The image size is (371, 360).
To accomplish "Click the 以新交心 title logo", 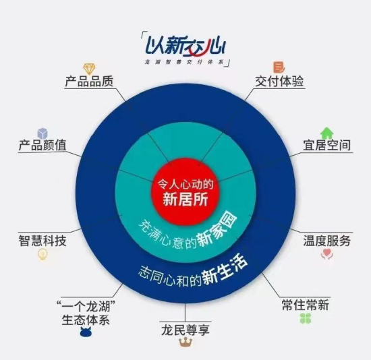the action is point(185,46).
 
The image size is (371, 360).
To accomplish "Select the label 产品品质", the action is point(89,81).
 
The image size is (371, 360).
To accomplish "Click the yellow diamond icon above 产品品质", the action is point(89,69).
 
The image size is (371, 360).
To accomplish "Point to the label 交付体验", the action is point(279,82).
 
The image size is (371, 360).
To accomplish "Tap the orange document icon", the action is point(279,67).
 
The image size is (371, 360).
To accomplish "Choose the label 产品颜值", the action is point(42,145).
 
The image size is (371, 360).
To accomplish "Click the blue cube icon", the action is point(42,133).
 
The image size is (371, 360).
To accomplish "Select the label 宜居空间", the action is point(326,145).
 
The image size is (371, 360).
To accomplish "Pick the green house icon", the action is point(326,133).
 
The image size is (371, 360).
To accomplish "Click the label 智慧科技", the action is point(42,241).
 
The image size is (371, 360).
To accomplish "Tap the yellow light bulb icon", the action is point(42,255).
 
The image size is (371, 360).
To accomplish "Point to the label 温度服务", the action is point(326,241).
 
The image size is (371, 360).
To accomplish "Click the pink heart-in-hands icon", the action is point(327,254).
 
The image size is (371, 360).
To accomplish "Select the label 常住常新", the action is point(305,305).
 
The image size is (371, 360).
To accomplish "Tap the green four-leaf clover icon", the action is point(306,318).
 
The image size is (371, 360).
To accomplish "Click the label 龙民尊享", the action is point(185,330).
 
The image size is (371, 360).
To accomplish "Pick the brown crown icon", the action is point(185,342).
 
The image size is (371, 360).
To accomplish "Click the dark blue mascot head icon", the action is point(86,332).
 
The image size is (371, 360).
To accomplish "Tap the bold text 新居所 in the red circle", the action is point(185,199).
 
